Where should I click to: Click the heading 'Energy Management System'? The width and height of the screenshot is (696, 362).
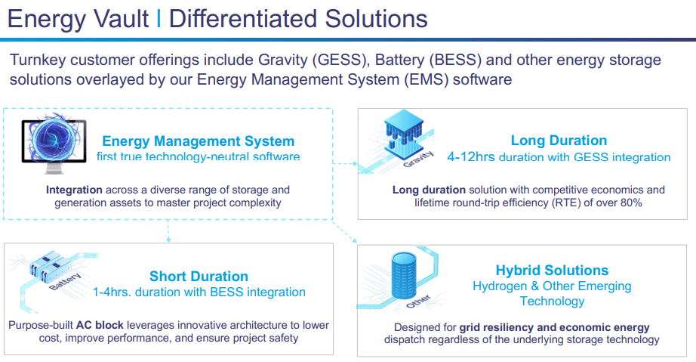(x=198, y=141)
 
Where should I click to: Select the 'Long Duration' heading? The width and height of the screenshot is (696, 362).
(x=558, y=141)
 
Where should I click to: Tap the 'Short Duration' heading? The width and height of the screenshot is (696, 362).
(x=199, y=276)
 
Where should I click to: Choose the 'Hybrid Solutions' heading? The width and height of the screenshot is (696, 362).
(x=552, y=270)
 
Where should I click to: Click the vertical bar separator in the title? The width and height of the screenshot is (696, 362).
(x=159, y=19)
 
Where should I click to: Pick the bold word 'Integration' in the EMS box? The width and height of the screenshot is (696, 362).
(x=74, y=190)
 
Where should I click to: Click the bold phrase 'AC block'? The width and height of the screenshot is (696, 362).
(x=99, y=324)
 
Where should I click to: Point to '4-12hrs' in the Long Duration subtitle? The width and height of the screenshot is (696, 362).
(x=470, y=157)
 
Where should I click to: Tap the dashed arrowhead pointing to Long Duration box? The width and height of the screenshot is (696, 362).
(x=355, y=162)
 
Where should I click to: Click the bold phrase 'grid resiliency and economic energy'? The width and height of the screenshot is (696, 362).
(x=548, y=326)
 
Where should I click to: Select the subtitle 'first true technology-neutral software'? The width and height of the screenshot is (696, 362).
(x=198, y=156)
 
